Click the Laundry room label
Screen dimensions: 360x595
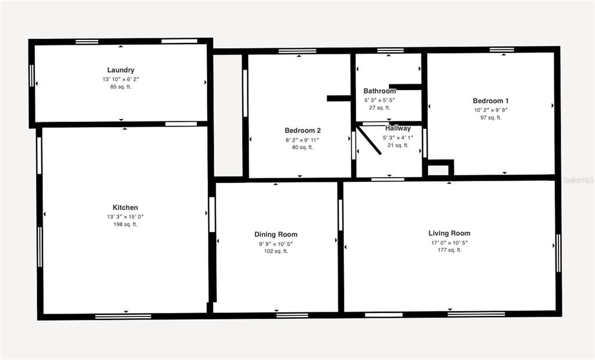(x=121, y=70)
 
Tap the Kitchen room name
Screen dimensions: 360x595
(x=126, y=208)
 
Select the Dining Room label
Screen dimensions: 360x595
(x=276, y=235)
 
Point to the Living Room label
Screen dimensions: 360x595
(x=449, y=233)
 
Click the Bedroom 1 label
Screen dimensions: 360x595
(x=491, y=101)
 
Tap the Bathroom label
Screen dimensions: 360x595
(x=379, y=91)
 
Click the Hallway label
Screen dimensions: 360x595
(x=398, y=128)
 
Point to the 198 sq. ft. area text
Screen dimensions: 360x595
(x=126, y=224)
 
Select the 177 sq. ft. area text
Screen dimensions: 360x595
(x=449, y=250)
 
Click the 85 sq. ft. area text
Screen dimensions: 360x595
(x=121, y=87)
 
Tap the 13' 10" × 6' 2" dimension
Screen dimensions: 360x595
(x=121, y=79)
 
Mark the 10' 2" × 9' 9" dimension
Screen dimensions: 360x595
(x=491, y=110)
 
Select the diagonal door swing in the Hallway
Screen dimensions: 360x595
(x=369, y=141)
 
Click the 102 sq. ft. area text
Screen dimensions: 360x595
(x=276, y=251)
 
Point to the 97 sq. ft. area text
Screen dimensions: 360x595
(x=491, y=117)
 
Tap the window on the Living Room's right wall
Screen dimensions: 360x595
(x=558, y=253)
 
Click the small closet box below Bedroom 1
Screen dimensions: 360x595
(x=439, y=170)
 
